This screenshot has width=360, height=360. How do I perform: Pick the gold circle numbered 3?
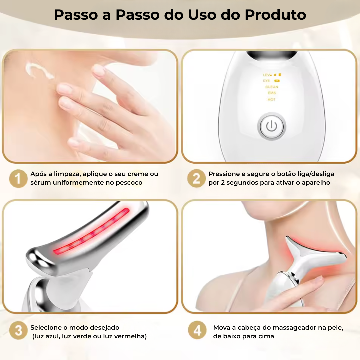click(18, 331)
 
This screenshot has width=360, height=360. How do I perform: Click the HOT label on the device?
click(272, 99)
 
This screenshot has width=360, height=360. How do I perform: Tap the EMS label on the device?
click(272, 93)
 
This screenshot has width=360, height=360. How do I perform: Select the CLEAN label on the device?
click(272, 87)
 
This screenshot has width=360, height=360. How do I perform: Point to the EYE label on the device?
click(267, 81)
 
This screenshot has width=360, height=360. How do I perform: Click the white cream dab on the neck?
click(38, 70)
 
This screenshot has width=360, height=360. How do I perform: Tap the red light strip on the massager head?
click(92, 231)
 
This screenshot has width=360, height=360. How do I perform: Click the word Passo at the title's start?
click(76, 15)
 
